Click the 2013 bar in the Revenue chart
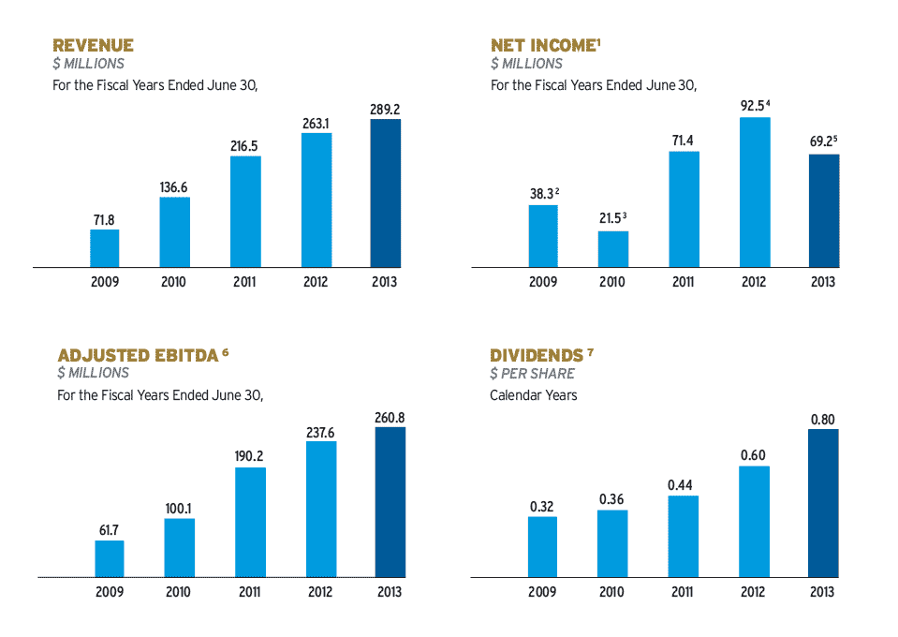[x=385, y=193]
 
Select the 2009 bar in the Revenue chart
[x=104, y=248]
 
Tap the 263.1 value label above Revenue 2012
[x=316, y=124]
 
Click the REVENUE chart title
[x=93, y=45]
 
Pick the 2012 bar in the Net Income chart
[x=755, y=192]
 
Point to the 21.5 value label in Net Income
[x=612, y=218]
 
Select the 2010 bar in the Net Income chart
[x=613, y=249]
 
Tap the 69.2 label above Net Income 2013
[x=823, y=141]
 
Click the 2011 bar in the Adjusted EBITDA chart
[x=250, y=522]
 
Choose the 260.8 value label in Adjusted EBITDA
[x=390, y=417]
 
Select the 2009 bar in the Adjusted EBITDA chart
[x=110, y=558]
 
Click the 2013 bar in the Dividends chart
[x=823, y=502]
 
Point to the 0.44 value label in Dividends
[x=684, y=485]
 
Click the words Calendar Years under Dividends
[x=534, y=395]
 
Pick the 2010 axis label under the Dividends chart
[x=612, y=591]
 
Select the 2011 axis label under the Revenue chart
[x=244, y=282]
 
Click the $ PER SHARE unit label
[x=533, y=373]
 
